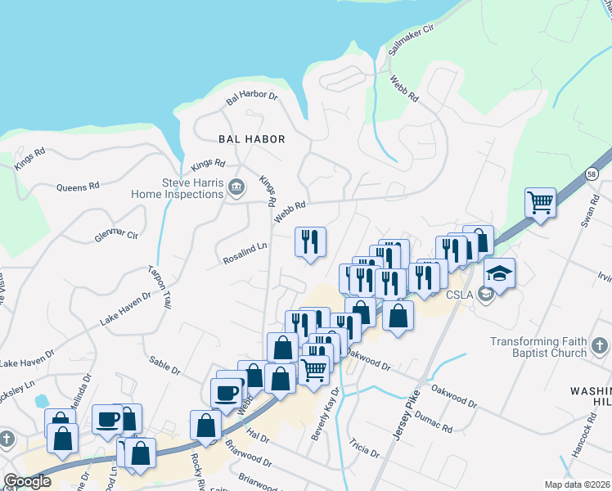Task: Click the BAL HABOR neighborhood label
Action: (251, 139)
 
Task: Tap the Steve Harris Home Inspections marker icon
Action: (237, 187)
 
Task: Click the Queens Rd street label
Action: (78, 187)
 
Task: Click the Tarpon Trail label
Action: (160, 287)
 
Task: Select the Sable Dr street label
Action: (164, 364)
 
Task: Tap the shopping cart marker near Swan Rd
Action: (540, 201)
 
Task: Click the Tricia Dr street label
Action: (364, 448)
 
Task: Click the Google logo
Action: (27, 481)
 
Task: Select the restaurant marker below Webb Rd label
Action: (310, 241)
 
